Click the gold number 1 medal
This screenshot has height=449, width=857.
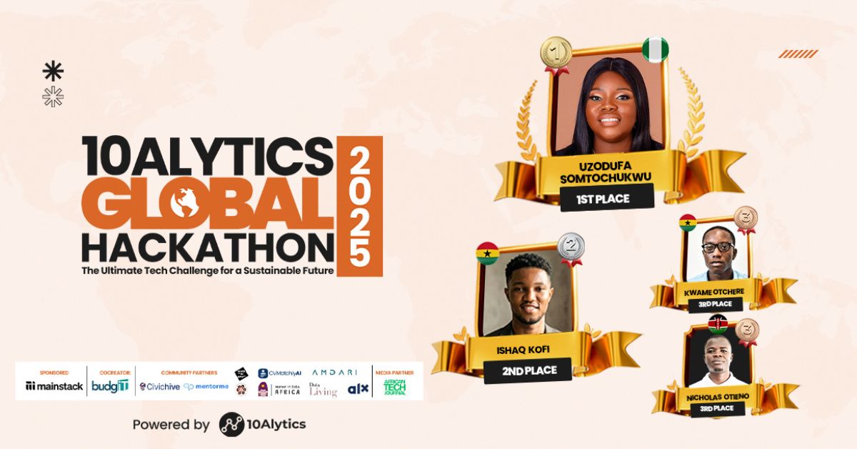[556, 52]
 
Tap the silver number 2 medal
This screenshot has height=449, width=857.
[571, 247]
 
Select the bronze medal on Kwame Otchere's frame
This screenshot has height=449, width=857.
[746, 218]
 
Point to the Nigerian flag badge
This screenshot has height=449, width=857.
[655, 49]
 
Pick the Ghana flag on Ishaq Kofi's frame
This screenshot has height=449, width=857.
[487, 253]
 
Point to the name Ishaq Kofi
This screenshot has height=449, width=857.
[528, 349]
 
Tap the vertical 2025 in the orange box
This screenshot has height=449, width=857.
[359, 207]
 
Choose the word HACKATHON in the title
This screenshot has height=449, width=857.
[207, 247]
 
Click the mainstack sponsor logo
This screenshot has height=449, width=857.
[54, 386]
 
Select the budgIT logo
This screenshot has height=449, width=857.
[110, 386]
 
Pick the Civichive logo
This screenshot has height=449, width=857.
[159, 387]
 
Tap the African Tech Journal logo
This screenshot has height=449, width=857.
[395, 387]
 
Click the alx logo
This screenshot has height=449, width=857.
[357, 389]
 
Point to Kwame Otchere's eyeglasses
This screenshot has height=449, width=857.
[717, 247]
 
